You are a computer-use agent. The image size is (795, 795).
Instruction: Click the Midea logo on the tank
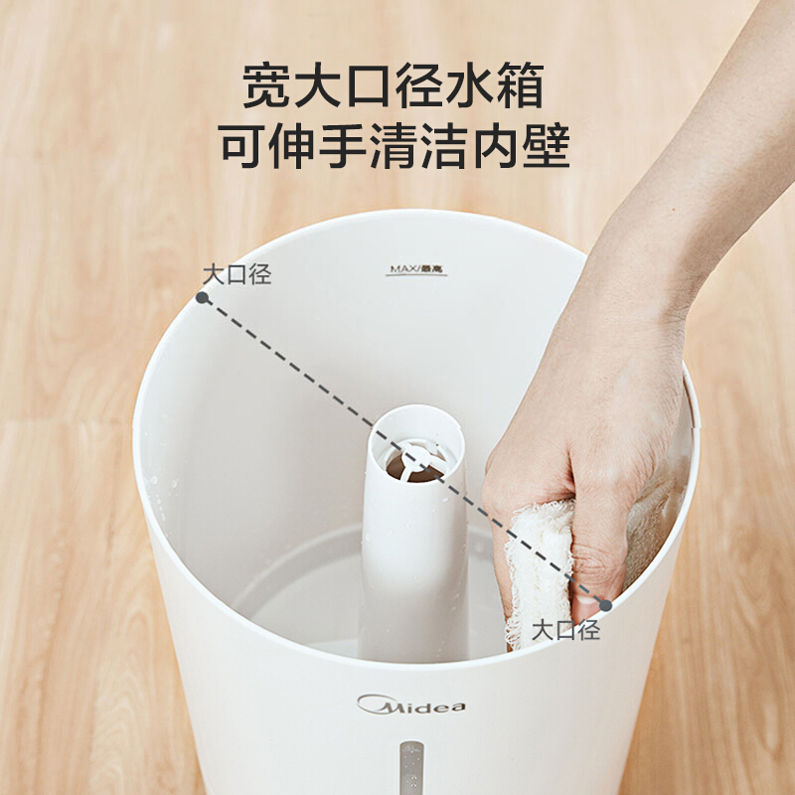click(x=410, y=705)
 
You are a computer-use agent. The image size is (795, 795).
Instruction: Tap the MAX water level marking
click(x=416, y=269)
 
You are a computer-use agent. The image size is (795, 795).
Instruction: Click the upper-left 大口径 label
click(x=238, y=275)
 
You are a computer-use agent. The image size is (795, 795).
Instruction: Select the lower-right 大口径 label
click(x=565, y=630)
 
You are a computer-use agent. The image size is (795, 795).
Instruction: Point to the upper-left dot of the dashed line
click(x=202, y=297)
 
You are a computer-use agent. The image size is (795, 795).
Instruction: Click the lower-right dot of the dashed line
click(x=605, y=605)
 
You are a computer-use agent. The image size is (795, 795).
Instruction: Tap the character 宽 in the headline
click(x=266, y=85)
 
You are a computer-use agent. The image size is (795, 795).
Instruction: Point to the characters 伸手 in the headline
click(x=317, y=146)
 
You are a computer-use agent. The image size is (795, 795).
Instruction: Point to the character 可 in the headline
click(x=242, y=146)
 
